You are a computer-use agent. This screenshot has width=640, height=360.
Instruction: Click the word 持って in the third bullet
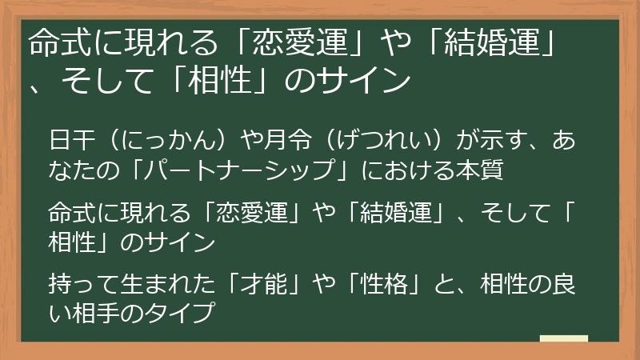tap(78, 282)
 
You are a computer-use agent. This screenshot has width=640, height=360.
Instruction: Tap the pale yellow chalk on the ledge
tap(563, 339)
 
